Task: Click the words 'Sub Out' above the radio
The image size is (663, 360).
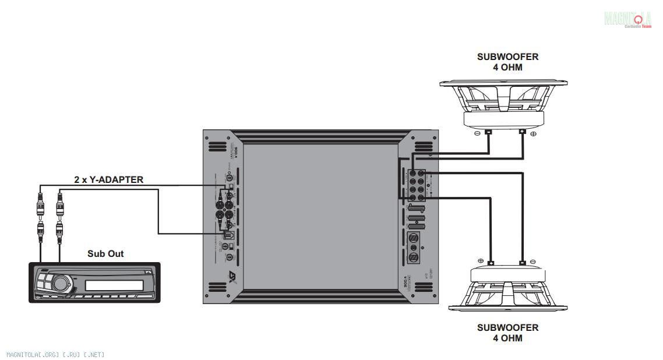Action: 105,253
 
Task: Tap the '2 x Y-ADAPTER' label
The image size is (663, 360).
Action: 108,179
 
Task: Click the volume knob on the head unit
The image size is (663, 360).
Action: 60,284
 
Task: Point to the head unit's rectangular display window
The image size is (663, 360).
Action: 114,285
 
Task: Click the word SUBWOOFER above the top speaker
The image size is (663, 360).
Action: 507,57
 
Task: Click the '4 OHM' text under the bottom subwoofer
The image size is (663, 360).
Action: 507,338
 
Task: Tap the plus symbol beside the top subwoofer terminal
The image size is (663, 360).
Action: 534,133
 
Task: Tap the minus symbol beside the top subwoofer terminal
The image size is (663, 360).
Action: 478,133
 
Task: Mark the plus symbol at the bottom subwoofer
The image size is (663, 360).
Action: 480,260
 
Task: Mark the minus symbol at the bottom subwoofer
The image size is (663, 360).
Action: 534,260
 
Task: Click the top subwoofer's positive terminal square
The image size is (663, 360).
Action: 523,132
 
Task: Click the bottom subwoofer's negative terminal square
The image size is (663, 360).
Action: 523,263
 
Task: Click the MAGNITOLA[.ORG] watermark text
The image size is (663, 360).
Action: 55,354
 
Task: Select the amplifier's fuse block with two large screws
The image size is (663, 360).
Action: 413,247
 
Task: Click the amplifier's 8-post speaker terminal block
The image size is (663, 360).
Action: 417,185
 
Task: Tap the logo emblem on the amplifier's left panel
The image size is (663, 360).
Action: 232,277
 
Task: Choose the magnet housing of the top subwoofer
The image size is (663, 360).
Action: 504,119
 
